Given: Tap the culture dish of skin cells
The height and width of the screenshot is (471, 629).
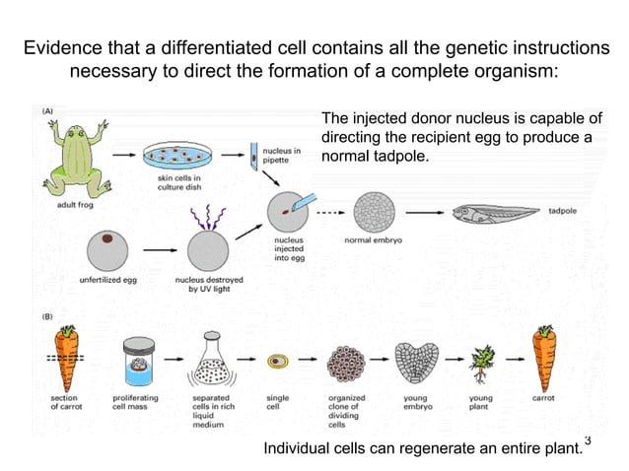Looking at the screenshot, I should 181,155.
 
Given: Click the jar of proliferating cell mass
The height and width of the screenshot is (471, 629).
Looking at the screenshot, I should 138,360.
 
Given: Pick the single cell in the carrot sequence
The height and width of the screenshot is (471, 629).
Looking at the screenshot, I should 279,363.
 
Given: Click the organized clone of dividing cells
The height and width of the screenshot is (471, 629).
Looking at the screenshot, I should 347,364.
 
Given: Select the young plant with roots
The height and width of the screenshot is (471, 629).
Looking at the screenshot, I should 483,363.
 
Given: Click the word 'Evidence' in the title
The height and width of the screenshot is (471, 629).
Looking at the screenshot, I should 61,48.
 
